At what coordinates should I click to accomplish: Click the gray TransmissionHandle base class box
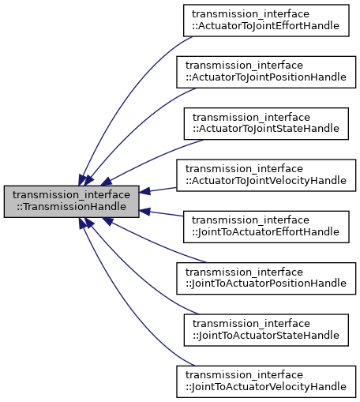(x=71, y=201)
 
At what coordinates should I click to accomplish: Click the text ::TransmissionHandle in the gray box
(x=71, y=207)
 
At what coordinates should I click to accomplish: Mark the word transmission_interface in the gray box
(x=71, y=194)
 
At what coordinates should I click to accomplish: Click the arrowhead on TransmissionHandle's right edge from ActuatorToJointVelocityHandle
(x=145, y=191)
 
